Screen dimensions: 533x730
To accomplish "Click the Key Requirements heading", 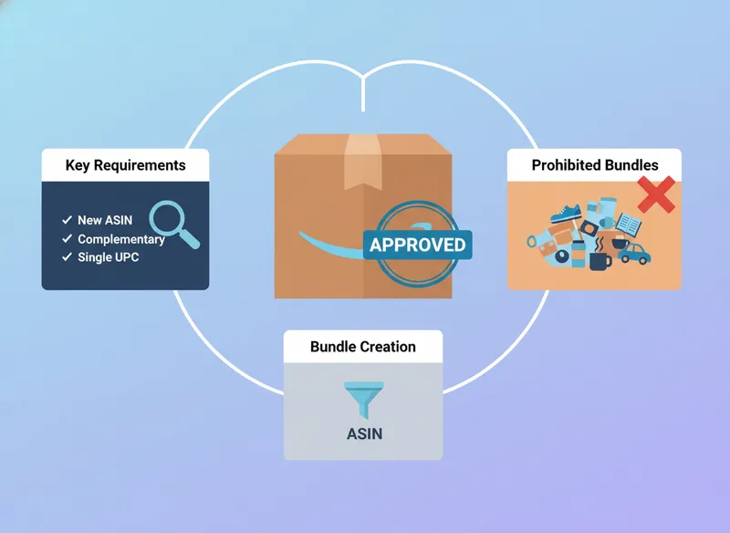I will point(125,165).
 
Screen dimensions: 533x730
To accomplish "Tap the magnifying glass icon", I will point(172,222).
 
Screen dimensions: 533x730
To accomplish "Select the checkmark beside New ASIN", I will point(67,221).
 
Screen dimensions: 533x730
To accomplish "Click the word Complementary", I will point(120,239).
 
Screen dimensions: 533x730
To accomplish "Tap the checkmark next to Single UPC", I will point(67,256).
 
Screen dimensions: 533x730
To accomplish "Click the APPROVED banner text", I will point(417,245).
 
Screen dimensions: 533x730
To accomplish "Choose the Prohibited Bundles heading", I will point(595,165).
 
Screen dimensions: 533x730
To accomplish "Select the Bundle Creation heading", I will point(362,347).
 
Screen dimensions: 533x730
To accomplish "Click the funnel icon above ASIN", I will point(362,399).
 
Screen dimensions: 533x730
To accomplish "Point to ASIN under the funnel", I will point(364,434).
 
